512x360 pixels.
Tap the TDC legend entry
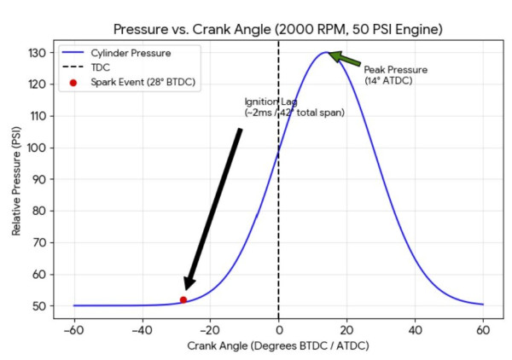pos(101,67)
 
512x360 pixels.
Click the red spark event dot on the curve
pos(183,299)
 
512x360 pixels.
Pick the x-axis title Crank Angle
pos(278,347)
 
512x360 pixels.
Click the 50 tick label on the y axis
pos(38,305)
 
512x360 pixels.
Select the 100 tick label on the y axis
pos(36,148)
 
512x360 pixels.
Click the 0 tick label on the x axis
pos(278,328)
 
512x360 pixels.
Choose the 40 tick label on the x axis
pos(415,328)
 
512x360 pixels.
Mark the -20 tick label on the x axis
pos(209,328)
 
